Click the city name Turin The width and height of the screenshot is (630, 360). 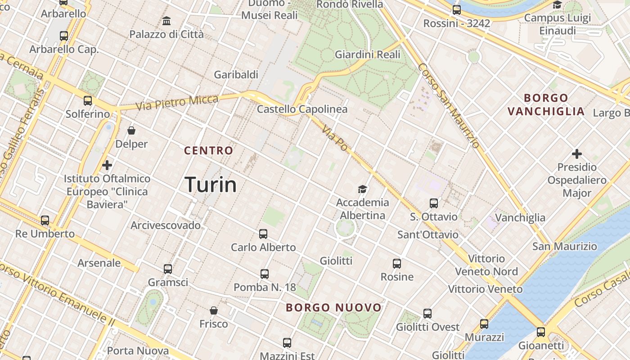[x=211, y=185]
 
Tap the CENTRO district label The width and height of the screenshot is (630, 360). [x=209, y=151]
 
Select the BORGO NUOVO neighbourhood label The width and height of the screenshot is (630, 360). [x=334, y=308]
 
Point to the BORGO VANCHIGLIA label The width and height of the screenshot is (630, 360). [x=546, y=105]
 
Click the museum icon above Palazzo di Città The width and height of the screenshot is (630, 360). [x=166, y=21]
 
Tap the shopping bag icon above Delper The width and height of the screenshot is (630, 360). [x=131, y=130]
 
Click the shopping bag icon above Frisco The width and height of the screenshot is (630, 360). [x=214, y=310]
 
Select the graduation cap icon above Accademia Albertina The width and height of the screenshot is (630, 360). [x=362, y=189]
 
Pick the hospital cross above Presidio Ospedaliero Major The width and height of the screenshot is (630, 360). [x=577, y=154]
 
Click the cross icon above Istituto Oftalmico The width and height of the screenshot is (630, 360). [x=107, y=165]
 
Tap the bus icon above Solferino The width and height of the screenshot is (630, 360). [x=88, y=101]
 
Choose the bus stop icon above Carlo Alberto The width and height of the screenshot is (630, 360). [x=263, y=234]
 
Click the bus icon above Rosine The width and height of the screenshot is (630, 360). [x=396, y=264]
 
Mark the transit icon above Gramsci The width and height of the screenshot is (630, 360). [x=168, y=269]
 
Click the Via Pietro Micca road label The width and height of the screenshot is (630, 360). [x=176, y=103]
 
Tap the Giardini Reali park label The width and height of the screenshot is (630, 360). [x=367, y=55]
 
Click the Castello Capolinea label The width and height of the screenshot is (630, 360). [x=302, y=109]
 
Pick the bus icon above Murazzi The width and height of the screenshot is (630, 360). [x=484, y=324]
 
